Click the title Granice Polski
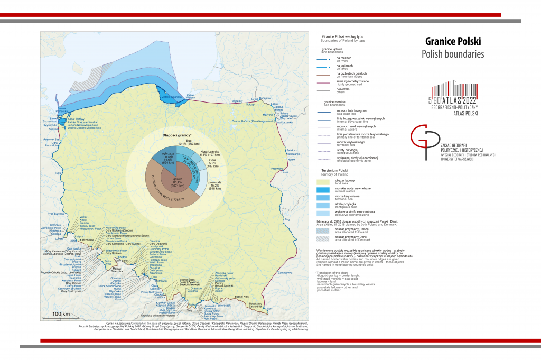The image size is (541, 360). point(453,41)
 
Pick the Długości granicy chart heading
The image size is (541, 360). point(176,136)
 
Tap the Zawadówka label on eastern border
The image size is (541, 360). point(285,272)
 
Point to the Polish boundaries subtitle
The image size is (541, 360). point(453,54)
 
